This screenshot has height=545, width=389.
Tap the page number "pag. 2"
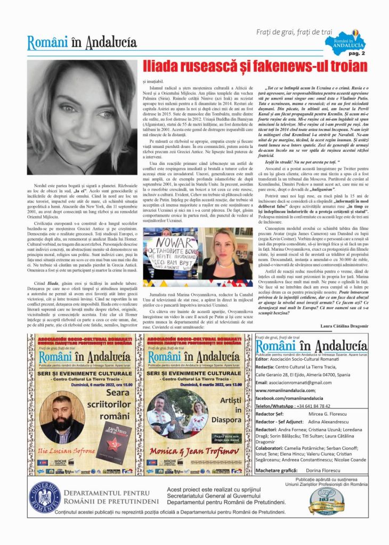click(356, 53)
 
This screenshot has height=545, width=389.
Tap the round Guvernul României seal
click(45, 497)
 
